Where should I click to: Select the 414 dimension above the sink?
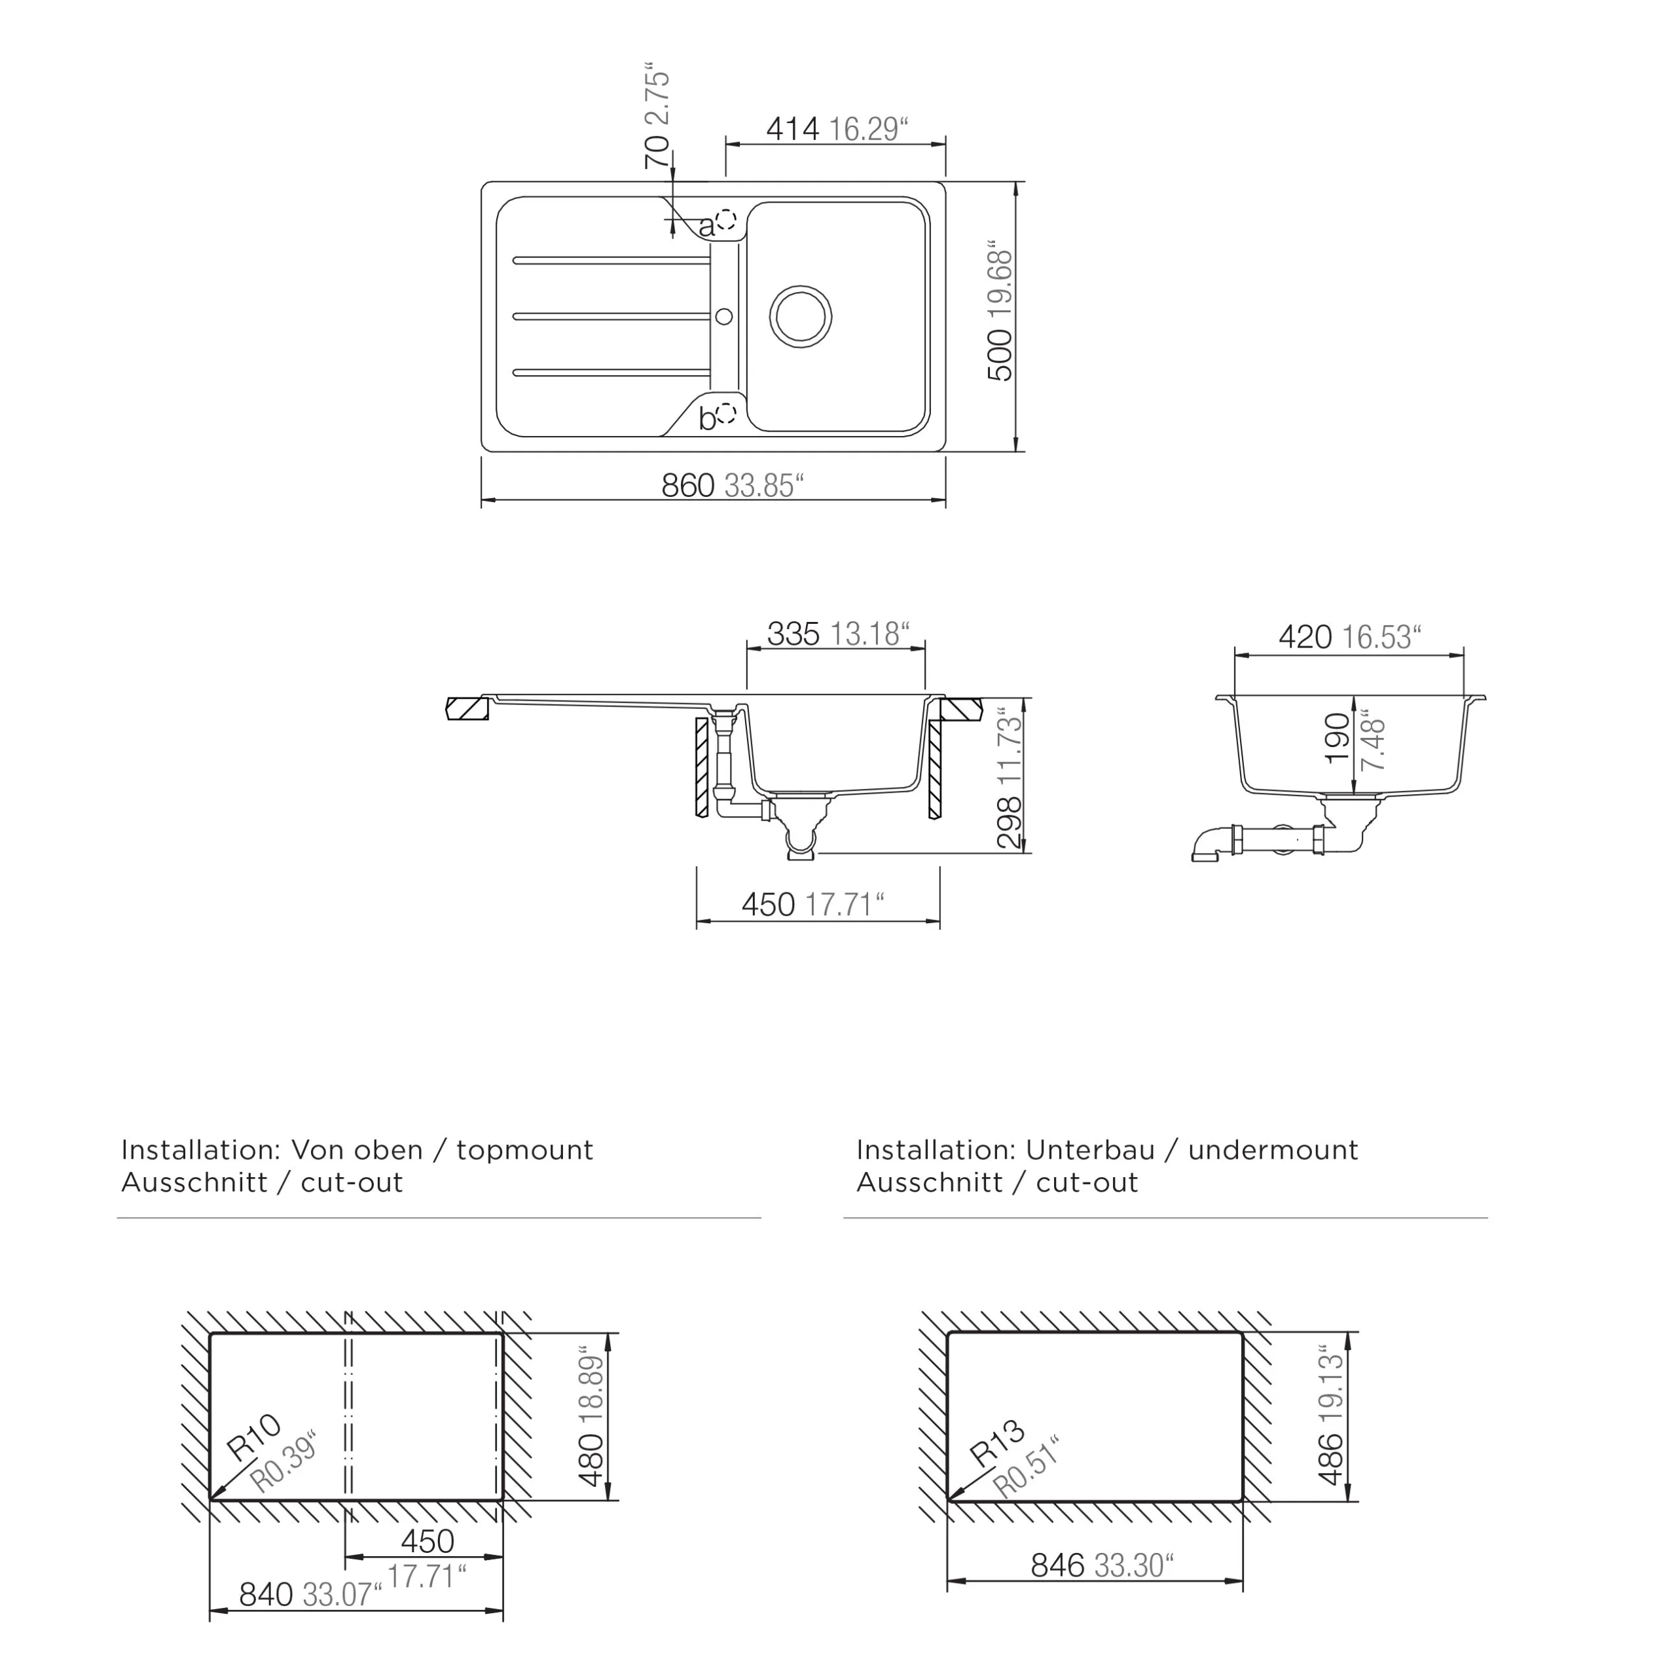click(792, 129)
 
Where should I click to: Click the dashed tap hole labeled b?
click(726, 413)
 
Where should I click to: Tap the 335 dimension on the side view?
click(793, 635)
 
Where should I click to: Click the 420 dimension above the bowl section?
click(1305, 638)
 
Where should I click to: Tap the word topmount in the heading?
click(525, 1150)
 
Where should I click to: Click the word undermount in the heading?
click(1273, 1150)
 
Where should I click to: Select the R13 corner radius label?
click(996, 1444)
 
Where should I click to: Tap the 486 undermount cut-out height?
click(1330, 1459)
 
